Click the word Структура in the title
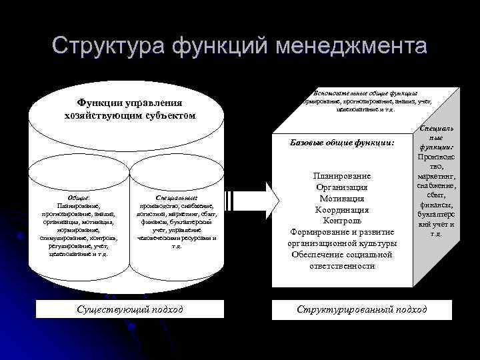coord(107,46)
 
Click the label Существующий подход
coord(130,309)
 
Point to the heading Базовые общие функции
coord(343,143)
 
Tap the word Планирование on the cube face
coord(341,175)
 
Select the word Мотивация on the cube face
coord(341,198)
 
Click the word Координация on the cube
coord(341,209)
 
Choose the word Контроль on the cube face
coord(341,221)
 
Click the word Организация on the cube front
coord(341,187)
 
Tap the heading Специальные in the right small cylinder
coord(176,197)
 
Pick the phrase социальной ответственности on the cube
coord(341,260)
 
